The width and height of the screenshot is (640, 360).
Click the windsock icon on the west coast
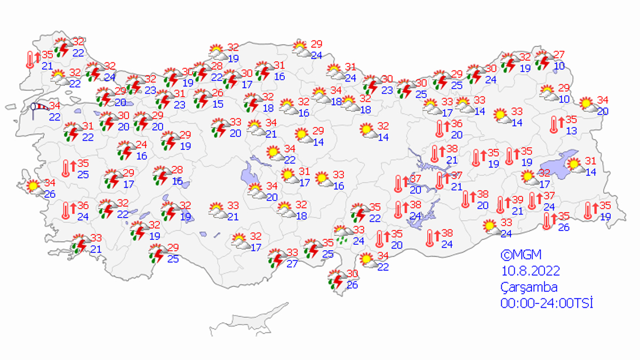[x=38, y=110]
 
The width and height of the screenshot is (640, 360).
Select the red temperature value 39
[x=518, y=199]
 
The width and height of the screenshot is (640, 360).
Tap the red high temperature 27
[x=559, y=54]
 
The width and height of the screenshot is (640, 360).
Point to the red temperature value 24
[x=141, y=145]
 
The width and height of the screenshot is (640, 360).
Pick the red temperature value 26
[x=217, y=93]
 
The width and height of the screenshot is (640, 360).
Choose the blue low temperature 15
[x=218, y=104]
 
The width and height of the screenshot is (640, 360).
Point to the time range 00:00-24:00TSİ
[x=547, y=303]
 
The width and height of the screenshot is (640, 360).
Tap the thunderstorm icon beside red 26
[x=202, y=99]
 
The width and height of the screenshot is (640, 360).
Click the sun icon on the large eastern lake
[x=574, y=166]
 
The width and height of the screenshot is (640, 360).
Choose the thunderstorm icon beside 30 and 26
[x=337, y=279]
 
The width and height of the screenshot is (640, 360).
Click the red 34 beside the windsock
[x=55, y=106]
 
